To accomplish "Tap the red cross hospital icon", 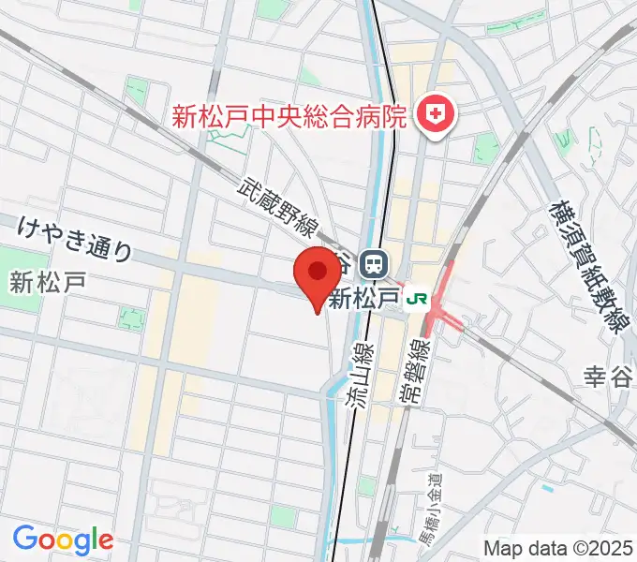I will (436, 116).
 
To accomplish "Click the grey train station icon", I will (374, 263).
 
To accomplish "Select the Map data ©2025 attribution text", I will (558, 548).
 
